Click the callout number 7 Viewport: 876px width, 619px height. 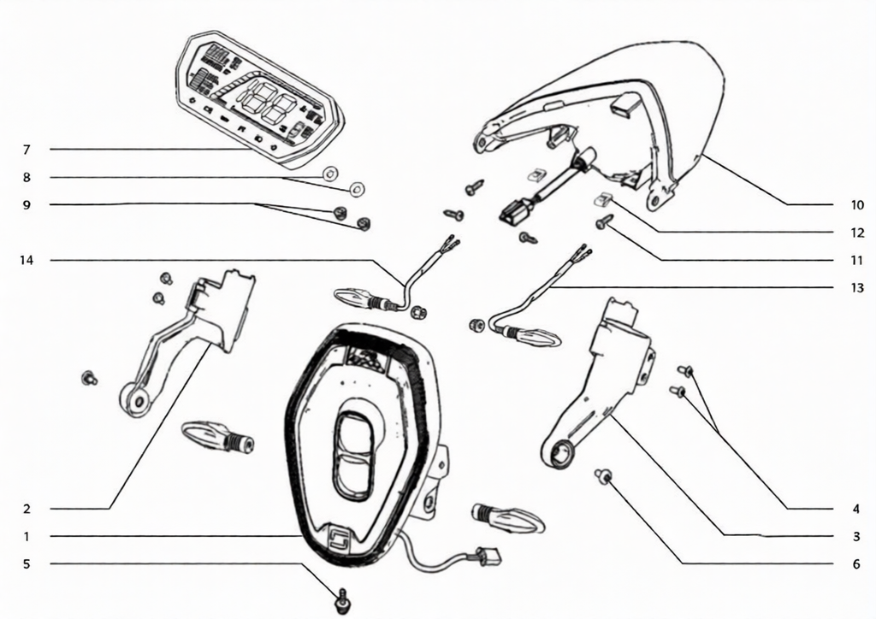(x=27, y=150)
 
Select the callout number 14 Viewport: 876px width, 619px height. (x=27, y=260)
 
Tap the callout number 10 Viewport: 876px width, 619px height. (x=857, y=205)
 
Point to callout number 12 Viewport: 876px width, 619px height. (x=857, y=233)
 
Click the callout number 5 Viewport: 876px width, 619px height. (x=27, y=563)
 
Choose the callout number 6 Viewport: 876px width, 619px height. (x=856, y=563)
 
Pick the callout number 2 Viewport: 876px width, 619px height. (x=27, y=509)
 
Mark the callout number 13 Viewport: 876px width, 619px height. (x=857, y=287)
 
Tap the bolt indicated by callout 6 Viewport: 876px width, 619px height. (x=603, y=475)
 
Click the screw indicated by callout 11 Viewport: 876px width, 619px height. (x=605, y=221)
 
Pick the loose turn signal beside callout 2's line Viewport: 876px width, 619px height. (x=217, y=436)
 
